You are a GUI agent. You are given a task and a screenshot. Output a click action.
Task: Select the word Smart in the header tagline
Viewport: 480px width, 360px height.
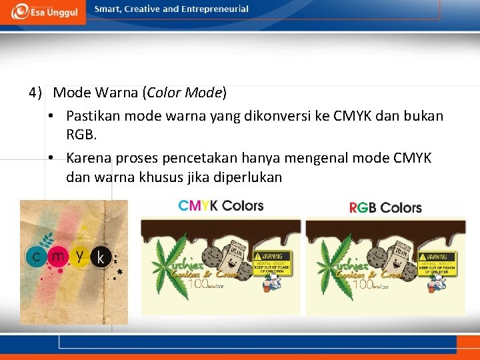(x=108, y=9)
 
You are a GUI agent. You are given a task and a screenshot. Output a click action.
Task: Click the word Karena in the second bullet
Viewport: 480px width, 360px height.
(x=89, y=158)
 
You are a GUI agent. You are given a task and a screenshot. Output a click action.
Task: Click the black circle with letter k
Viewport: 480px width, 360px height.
(x=101, y=257)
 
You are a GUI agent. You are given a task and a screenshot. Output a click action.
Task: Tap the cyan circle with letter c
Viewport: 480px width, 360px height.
(x=35, y=257)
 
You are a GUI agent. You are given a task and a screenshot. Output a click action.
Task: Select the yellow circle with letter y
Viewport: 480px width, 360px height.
(x=80, y=254)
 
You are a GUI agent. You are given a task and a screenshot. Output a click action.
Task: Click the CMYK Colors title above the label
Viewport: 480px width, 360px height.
(x=221, y=205)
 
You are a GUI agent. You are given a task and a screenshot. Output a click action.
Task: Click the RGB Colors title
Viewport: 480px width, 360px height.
(x=385, y=207)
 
